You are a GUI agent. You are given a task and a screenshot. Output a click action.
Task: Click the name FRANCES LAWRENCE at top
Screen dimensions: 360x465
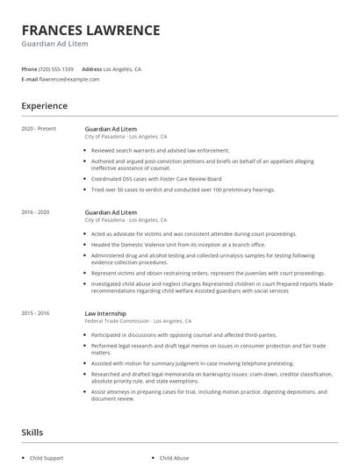(x=91, y=30)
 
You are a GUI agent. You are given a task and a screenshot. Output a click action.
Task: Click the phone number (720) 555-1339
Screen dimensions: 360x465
(x=57, y=68)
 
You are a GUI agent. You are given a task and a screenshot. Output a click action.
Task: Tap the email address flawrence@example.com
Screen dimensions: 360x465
(x=69, y=79)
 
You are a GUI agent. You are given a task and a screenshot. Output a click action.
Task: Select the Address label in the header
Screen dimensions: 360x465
(x=91, y=68)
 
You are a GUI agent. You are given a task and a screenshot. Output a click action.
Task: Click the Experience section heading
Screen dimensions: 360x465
(x=44, y=106)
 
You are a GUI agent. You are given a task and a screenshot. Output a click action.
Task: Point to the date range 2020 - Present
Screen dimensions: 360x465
(x=38, y=129)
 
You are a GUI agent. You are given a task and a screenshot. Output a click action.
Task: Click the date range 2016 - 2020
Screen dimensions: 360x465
(x=35, y=212)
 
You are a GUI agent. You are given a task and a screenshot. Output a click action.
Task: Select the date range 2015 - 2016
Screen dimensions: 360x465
(x=35, y=313)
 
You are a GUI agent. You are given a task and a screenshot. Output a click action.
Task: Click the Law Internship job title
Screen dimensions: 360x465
(x=105, y=313)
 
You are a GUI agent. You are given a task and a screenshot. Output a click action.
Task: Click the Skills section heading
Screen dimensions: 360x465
(x=32, y=433)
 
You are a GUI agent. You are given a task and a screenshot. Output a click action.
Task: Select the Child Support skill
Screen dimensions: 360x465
(x=47, y=458)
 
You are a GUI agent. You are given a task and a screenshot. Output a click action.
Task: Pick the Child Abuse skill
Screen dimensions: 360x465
(x=176, y=458)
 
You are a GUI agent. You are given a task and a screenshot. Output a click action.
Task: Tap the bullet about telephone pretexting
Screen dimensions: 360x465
(x=193, y=362)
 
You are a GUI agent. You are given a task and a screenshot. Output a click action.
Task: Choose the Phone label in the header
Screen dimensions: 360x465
(x=29, y=68)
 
